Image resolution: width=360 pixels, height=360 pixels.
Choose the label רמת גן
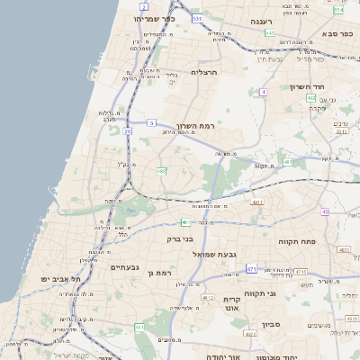pyautogui.click(x=158, y=272)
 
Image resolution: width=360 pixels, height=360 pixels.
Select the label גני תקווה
pyautogui.click(x=260, y=293)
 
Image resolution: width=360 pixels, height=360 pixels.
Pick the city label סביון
pyautogui.click(x=272, y=324)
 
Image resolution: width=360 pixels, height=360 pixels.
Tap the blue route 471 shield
pyautogui.click(x=251, y=268)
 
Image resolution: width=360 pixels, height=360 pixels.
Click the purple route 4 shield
pyautogui.click(x=263, y=92)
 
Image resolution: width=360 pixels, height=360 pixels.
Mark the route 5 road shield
pyautogui.click(x=151, y=121)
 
